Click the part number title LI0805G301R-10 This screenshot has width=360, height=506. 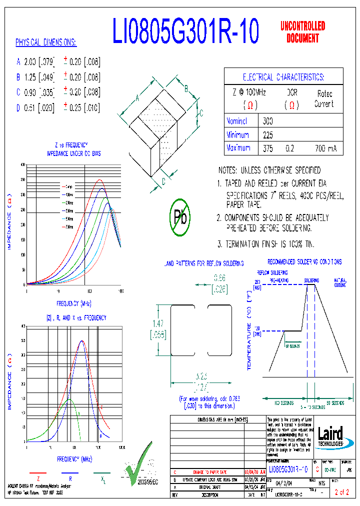click(185, 31)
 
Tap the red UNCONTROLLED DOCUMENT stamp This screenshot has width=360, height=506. click(302, 31)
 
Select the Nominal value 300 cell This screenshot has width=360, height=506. click(268, 121)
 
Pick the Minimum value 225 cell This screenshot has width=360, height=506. click(268, 135)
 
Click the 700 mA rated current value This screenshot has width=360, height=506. click(325, 149)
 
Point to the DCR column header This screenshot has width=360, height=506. click(292, 93)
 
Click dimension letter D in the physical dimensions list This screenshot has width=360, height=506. click(18, 107)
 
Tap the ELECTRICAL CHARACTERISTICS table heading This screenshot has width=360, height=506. click(283, 77)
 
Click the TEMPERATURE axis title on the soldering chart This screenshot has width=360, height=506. click(249, 332)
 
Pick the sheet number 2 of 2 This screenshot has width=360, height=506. click(341, 493)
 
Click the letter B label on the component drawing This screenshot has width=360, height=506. click(185, 89)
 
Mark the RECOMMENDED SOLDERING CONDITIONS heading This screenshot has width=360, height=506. click(304, 261)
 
